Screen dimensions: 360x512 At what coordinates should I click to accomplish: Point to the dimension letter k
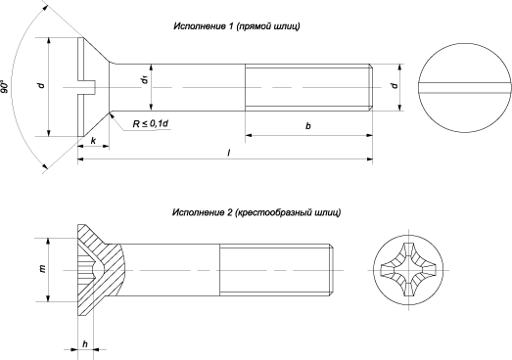(91, 143)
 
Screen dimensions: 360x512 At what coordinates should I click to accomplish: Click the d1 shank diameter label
(144, 79)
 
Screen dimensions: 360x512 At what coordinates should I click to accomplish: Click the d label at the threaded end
(395, 87)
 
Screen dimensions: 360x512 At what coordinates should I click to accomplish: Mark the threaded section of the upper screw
(308, 88)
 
